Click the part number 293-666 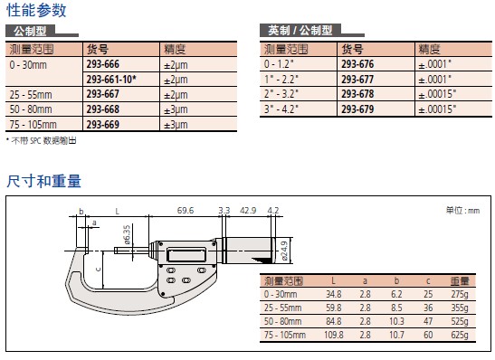click(x=103, y=64)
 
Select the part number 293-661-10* click(x=111, y=80)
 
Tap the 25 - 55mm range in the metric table click(x=31, y=94)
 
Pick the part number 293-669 click(x=103, y=124)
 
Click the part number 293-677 click(x=357, y=80)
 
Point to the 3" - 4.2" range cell click(x=281, y=109)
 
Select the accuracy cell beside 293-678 click(x=437, y=94)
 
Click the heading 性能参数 click(x=36, y=10)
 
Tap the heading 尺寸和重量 click(x=43, y=181)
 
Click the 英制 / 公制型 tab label click(x=300, y=31)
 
